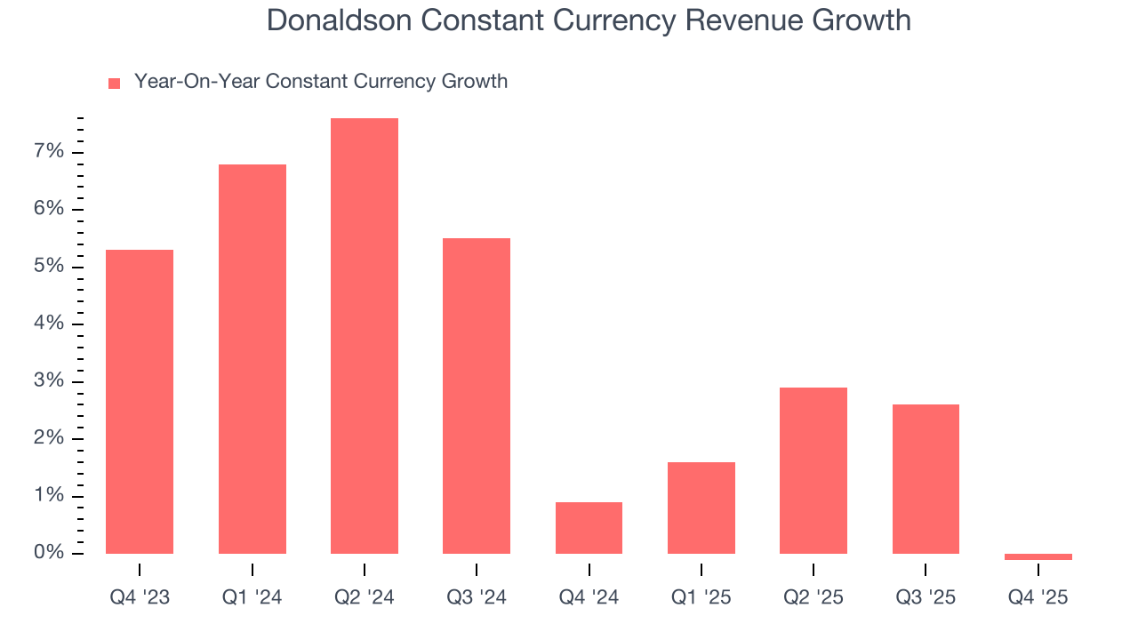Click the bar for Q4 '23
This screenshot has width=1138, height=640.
[x=140, y=402]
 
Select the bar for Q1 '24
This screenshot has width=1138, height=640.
[x=252, y=359]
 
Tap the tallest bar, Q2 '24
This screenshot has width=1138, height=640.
[x=365, y=336]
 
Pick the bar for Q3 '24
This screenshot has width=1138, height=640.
[x=477, y=396]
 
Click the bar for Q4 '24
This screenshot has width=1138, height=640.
[x=589, y=528]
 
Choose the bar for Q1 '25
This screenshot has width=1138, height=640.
[x=701, y=508]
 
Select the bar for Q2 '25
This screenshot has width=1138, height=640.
[x=813, y=470]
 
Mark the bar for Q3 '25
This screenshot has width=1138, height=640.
[x=926, y=479]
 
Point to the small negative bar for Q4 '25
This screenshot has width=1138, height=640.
[x=1038, y=556]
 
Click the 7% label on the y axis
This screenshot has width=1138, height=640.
[x=50, y=152]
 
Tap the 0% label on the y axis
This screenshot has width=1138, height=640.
[x=50, y=553]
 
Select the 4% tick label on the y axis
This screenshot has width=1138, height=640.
[x=50, y=324]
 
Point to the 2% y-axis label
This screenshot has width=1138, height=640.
[x=50, y=438]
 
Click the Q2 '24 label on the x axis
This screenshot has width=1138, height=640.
[x=365, y=597]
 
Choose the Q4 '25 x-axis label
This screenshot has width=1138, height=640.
[x=1038, y=597]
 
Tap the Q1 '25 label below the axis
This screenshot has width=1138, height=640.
[x=701, y=597]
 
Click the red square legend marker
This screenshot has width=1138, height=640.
[x=114, y=84]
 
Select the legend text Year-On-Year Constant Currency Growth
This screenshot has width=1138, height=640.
[x=321, y=82]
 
